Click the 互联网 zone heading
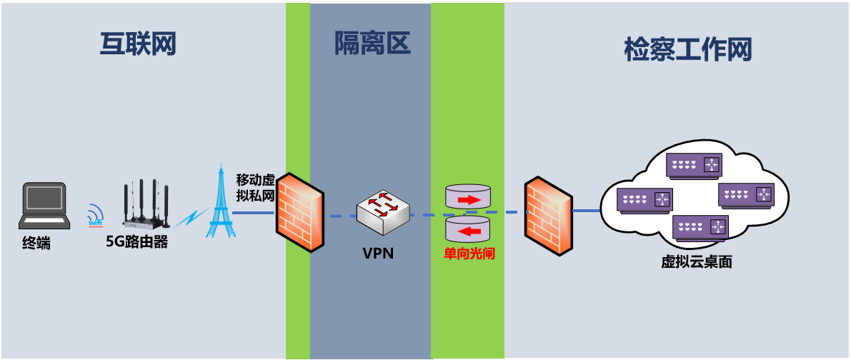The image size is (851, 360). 137,44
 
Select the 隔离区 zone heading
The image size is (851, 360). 372,44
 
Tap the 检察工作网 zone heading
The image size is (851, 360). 688,51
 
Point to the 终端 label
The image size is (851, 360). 36,244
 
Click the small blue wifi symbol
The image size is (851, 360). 95,215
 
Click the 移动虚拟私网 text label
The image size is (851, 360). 256,187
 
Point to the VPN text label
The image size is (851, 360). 378,252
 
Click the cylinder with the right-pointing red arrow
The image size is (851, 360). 468,198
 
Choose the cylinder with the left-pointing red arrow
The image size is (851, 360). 468,231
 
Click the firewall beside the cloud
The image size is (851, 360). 548,217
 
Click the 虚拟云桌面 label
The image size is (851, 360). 697,262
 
